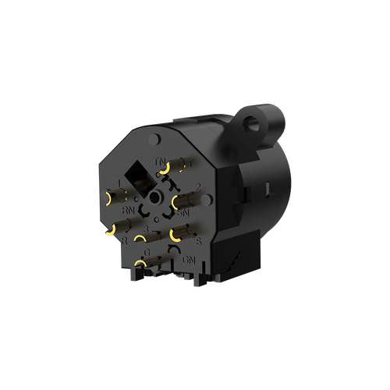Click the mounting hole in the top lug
(250, 122)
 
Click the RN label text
(129, 209)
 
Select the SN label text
(184, 211)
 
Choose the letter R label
(126, 240)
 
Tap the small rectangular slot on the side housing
(269, 188)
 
